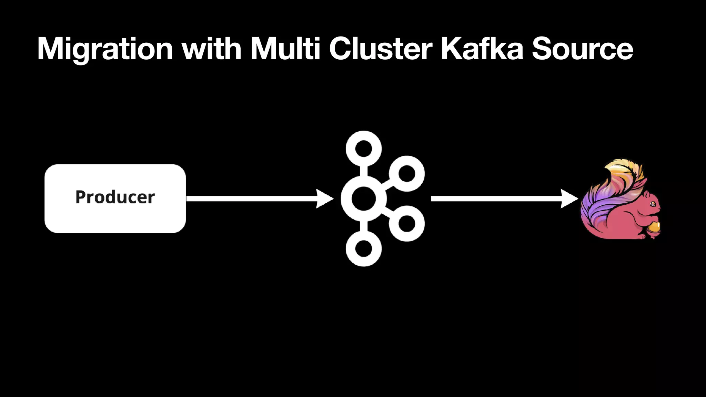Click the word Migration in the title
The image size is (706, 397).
[x=105, y=49]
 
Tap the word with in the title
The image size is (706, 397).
[x=212, y=49]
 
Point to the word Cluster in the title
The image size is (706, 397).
[x=381, y=49]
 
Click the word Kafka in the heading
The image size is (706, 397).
[x=482, y=49]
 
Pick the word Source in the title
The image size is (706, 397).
[x=582, y=49]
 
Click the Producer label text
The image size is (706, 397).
[x=115, y=197]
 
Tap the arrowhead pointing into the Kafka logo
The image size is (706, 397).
[x=324, y=198]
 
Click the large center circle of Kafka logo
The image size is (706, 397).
[x=364, y=198]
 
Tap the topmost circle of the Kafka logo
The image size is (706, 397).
[x=364, y=149]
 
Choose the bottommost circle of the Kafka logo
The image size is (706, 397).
[x=364, y=248]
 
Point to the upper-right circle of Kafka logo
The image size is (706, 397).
[x=407, y=173]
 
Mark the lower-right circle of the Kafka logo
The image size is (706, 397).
[x=407, y=224]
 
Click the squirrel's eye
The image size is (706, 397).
[x=653, y=204]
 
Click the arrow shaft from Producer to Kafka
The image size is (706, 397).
[x=252, y=198]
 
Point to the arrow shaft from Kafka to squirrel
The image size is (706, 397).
[x=496, y=198]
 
